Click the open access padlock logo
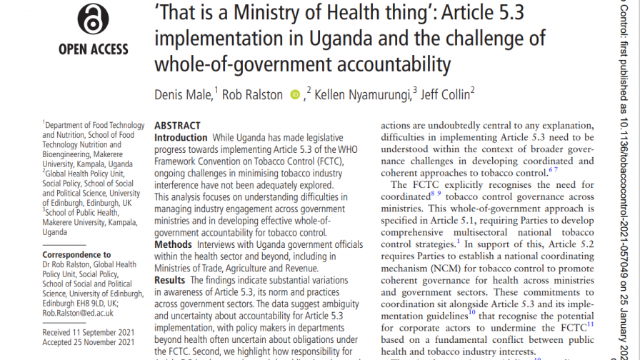tap(93, 19)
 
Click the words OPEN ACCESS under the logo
tap(94, 49)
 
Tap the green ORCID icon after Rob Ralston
tap(296, 94)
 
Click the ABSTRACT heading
tap(178, 126)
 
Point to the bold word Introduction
tap(181, 137)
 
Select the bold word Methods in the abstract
tap(174, 245)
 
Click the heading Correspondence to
tap(76, 254)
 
